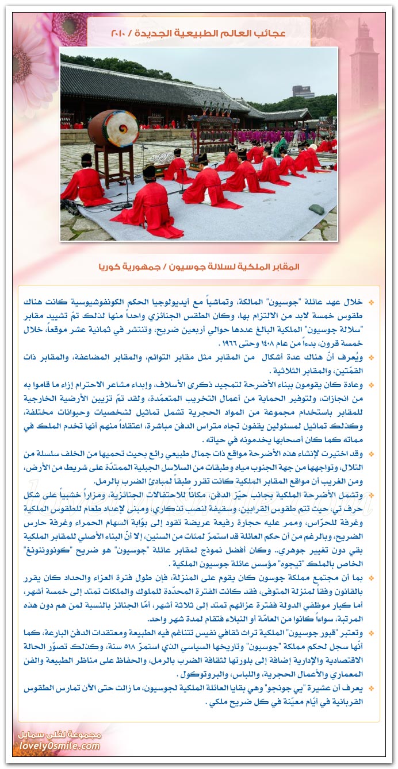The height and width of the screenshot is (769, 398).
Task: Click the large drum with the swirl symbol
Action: (x=113, y=128)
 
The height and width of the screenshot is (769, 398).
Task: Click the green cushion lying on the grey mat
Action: (x=316, y=210)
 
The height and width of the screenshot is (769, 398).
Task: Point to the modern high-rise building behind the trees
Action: (x=303, y=91)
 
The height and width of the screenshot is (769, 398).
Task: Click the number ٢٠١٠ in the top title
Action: (x=121, y=33)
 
